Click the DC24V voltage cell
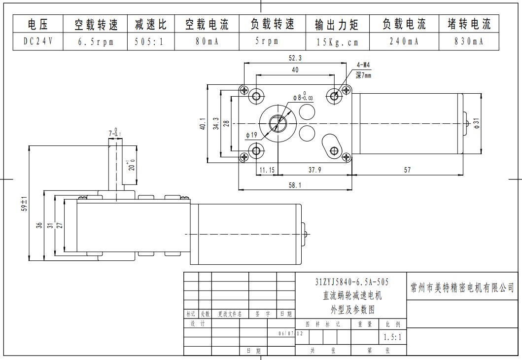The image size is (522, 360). coord(37,42)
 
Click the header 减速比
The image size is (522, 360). coord(150,24)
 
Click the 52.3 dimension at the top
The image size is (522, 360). coord(295,58)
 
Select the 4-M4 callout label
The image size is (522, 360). coord(363,65)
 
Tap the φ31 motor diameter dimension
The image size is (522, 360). coord(476,123)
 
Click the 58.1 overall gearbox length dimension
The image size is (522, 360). coord(295,185)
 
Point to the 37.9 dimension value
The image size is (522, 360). coord(314,170)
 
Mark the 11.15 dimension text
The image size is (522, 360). coord(267,170)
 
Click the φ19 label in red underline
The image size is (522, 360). coord(251,135)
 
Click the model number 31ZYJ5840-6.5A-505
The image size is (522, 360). coord(351,282)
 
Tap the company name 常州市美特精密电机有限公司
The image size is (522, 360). coord(462,288)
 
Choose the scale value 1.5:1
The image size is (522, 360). coord(392,337)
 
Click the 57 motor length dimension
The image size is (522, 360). coord(407,170)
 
